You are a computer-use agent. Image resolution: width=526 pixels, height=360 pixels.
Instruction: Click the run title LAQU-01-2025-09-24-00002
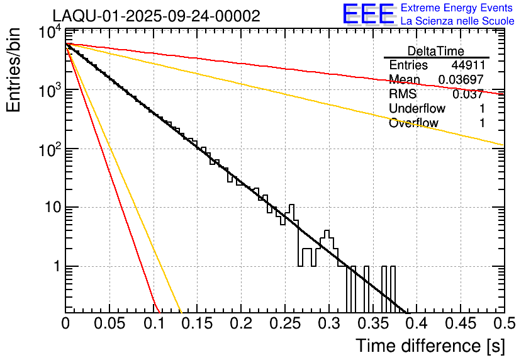point(156,16)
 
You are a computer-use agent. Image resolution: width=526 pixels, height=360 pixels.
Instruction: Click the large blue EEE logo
point(368,14)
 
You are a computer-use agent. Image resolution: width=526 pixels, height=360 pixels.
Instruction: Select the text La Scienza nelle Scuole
point(457,21)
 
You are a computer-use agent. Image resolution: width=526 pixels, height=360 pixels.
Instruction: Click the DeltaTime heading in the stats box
point(436,51)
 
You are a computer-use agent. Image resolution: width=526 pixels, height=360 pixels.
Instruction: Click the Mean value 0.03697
point(461,80)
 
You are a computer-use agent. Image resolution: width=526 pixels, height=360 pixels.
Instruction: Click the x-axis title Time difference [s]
point(429,346)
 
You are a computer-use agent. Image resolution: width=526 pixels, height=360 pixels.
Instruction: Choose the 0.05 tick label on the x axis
point(109,324)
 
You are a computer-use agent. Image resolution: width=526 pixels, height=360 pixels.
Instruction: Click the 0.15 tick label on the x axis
point(197,324)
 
